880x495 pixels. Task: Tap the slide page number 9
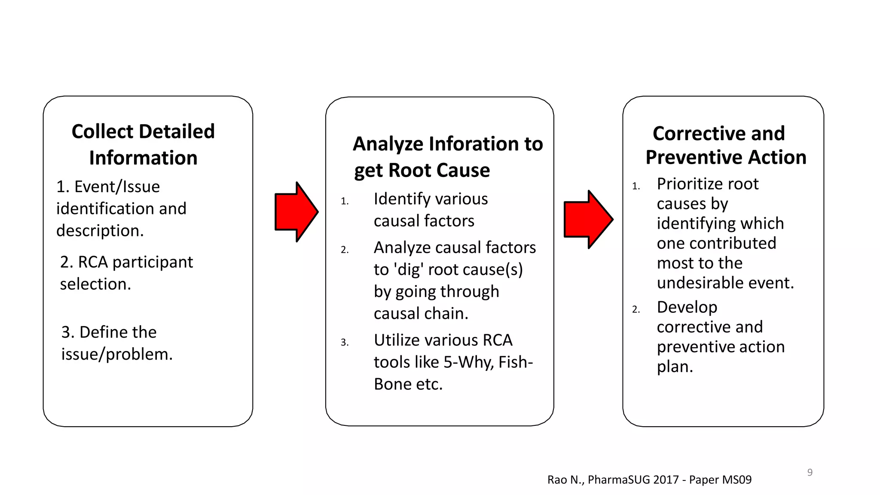click(810, 472)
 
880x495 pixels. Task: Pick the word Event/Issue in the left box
click(117, 187)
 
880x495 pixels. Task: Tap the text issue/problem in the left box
click(117, 354)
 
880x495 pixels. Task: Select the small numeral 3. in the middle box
click(344, 342)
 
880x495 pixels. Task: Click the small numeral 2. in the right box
click(636, 309)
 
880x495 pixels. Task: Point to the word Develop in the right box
click(687, 307)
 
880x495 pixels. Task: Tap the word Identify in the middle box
click(402, 199)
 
